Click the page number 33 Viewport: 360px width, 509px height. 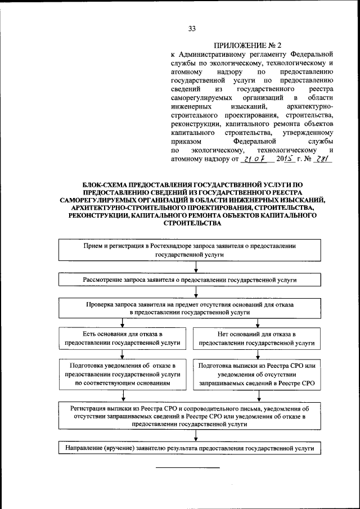coord(191,29)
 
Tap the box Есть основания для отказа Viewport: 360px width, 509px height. coord(122,338)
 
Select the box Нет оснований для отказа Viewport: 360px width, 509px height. coord(256,338)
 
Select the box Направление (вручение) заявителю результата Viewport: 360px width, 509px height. coord(190,448)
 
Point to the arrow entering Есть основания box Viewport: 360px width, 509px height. coord(122,322)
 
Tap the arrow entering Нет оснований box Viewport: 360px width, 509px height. coord(257,322)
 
